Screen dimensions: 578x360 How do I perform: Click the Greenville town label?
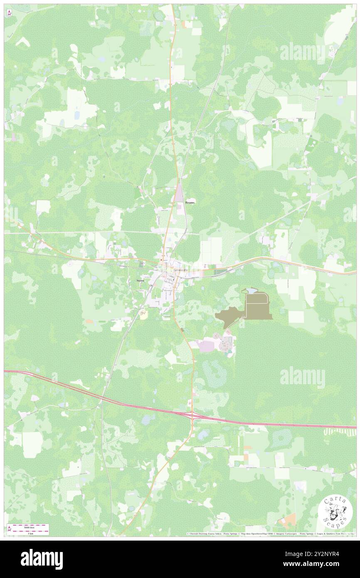click(x=180, y=270)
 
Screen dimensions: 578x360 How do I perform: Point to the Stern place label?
click(x=140, y=281)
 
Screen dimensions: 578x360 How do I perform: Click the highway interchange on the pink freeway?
click(x=192, y=415)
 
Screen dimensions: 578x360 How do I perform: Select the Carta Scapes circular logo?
click(x=335, y=512)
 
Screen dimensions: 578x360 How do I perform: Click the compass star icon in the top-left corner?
click(x=9, y=13)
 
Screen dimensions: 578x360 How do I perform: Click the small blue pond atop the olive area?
click(x=251, y=291)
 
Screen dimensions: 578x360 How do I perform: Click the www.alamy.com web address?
click(x=315, y=564)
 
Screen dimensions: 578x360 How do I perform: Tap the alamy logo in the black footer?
click(x=42, y=559)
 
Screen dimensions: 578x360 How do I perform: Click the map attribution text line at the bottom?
click(x=270, y=534)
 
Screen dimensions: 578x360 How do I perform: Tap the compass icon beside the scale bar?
click(x=9, y=529)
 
